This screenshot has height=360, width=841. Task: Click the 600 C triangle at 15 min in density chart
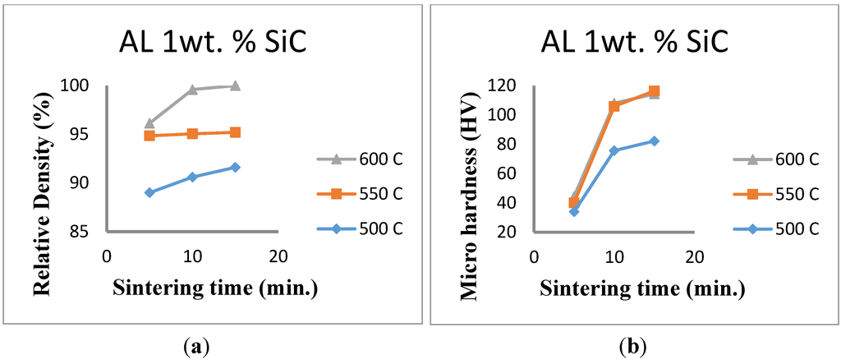235,85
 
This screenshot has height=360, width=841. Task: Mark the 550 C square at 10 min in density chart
192,133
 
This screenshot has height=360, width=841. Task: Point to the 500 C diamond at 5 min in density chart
149,192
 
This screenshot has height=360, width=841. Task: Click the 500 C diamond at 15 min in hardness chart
654,141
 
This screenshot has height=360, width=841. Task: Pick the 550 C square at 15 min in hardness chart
654,91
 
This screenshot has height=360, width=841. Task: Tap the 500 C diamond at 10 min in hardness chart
614,150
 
